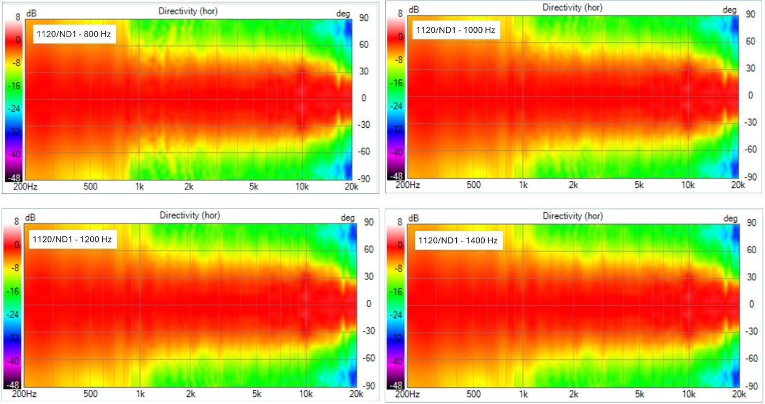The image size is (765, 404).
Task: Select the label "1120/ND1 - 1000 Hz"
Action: click(455, 31)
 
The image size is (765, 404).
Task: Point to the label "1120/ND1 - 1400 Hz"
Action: click(458, 240)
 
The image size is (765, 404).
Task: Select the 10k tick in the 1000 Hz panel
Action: click(687, 185)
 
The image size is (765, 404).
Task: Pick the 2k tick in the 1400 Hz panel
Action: click(573, 394)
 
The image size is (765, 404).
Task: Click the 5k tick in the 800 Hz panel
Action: click(253, 187)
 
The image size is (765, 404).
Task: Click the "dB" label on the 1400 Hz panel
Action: click(415, 218)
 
